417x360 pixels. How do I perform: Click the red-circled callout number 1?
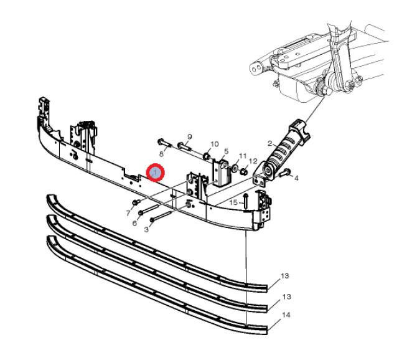click(156, 172)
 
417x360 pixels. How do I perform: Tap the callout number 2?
click(270, 144)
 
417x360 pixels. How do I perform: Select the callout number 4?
click(296, 178)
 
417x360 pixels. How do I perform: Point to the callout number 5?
click(227, 151)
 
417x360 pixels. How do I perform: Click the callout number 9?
click(190, 137)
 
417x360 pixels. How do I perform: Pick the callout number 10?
click(214, 144)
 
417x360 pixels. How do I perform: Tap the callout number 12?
click(253, 161)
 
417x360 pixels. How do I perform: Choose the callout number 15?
click(233, 202)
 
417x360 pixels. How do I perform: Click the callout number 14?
click(286, 315)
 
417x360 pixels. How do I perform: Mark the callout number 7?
click(128, 213)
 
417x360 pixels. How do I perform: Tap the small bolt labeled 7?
click(136, 202)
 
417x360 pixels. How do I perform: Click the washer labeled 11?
click(235, 168)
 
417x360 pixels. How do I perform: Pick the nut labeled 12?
click(243, 172)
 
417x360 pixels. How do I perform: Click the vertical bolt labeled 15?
click(245, 201)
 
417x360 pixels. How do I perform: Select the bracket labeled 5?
click(222, 173)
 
